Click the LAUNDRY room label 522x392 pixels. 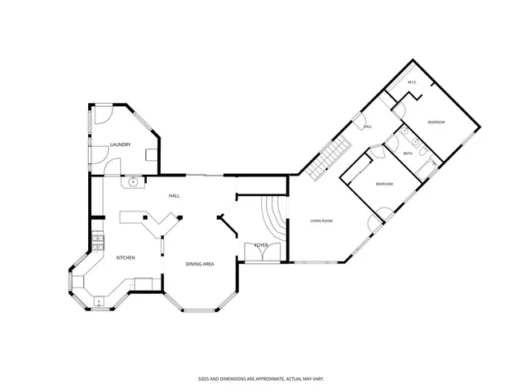point(121,145)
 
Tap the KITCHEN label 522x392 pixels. point(125,258)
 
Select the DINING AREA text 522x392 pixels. point(200,264)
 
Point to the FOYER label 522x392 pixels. point(261,245)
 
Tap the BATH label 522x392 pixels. point(408,154)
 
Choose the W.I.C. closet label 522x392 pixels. point(412,82)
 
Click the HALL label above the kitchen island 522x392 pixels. point(174,196)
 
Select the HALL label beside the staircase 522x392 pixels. point(368,127)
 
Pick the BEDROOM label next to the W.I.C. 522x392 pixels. point(436,122)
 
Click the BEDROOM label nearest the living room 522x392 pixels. point(384,185)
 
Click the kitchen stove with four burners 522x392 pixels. point(97,242)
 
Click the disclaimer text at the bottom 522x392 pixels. point(262,378)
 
